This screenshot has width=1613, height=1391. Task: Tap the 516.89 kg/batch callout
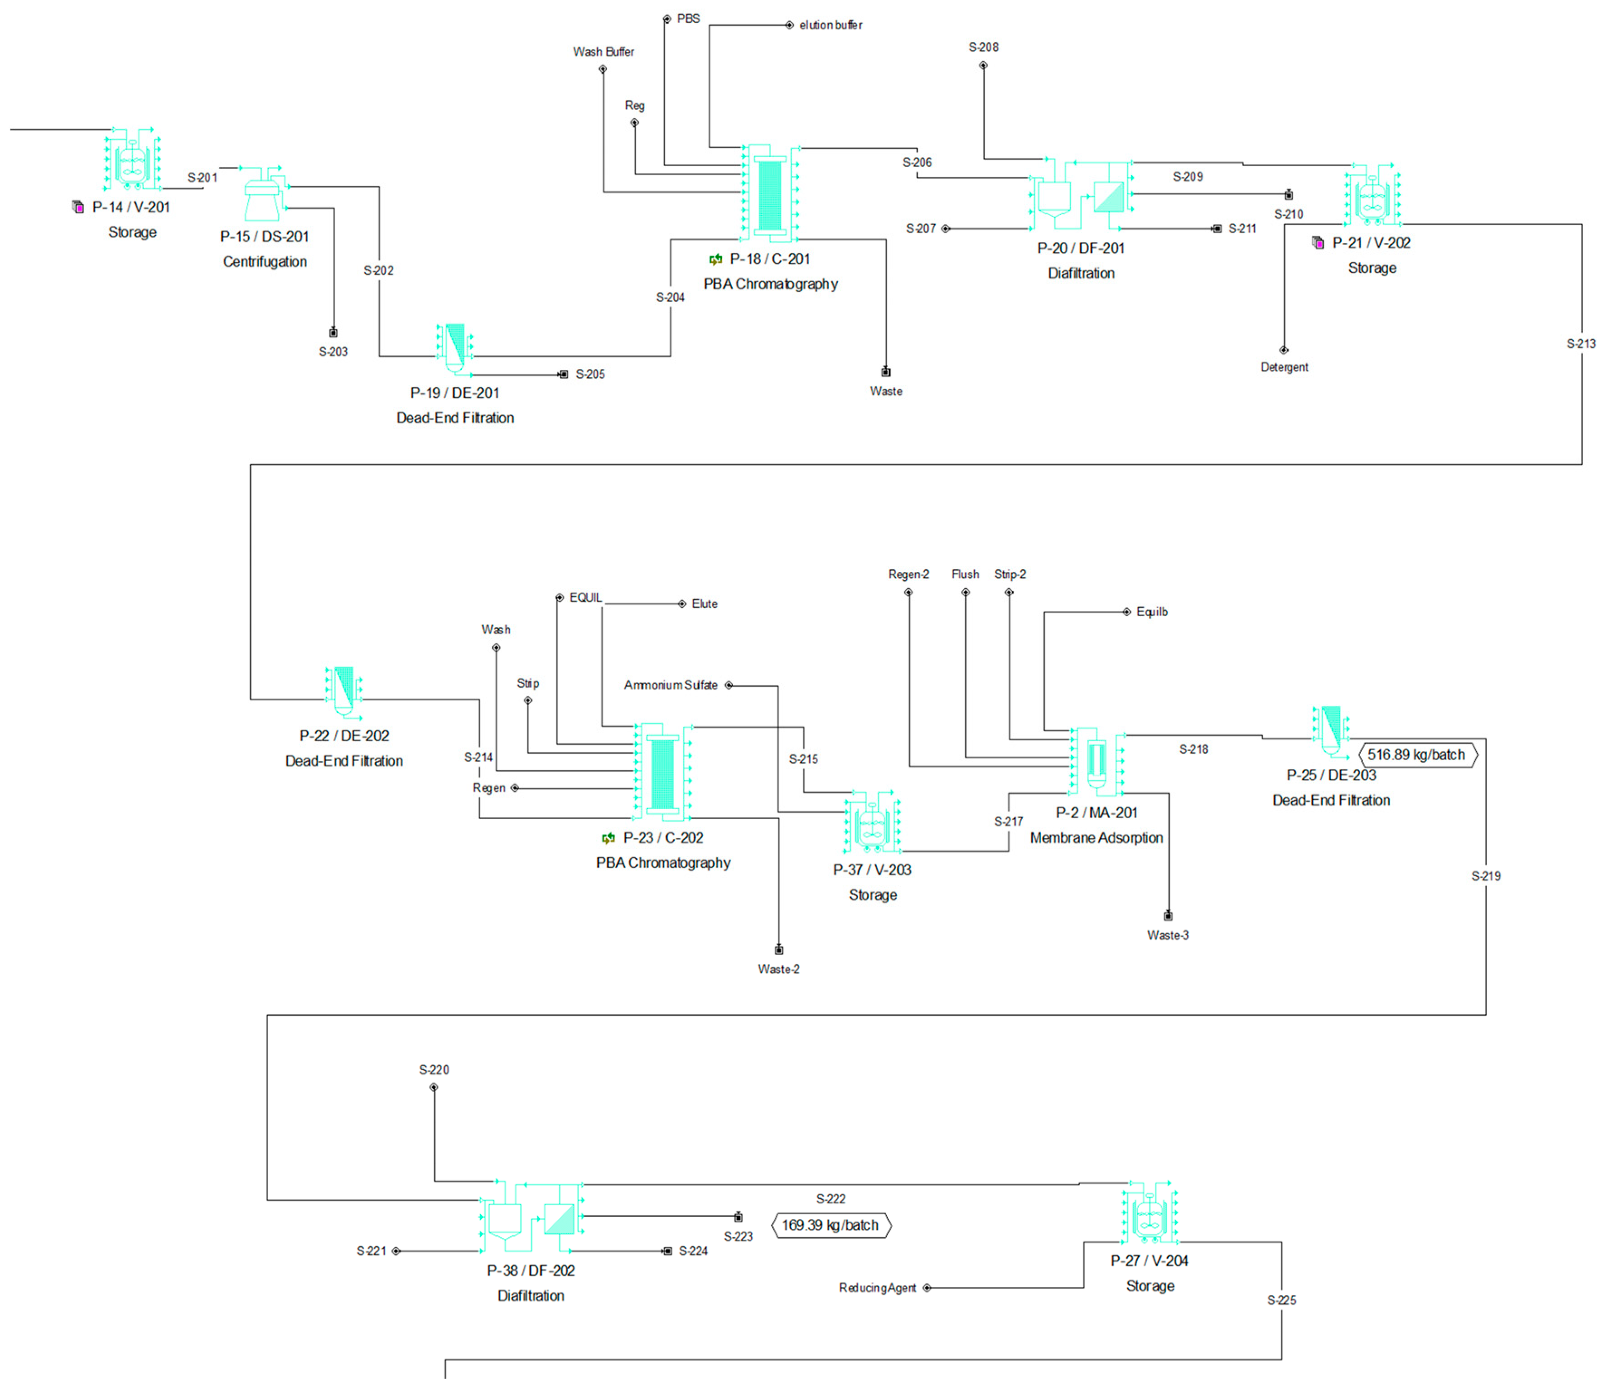pos(1417,755)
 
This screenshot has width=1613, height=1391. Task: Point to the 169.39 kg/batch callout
pos(830,1225)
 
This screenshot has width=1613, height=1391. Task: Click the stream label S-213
pos(1580,343)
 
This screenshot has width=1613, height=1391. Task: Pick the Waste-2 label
pos(778,969)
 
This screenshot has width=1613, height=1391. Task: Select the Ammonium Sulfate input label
pos(670,685)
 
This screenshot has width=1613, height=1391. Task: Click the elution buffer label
pos(831,25)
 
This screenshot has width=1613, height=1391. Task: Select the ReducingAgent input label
pos(877,1288)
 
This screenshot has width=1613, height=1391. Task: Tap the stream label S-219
pos(1485,876)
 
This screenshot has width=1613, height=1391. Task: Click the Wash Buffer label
pos(604,51)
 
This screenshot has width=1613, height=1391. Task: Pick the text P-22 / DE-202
pos(344,735)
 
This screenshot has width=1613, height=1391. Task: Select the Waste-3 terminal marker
pos(1168,916)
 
